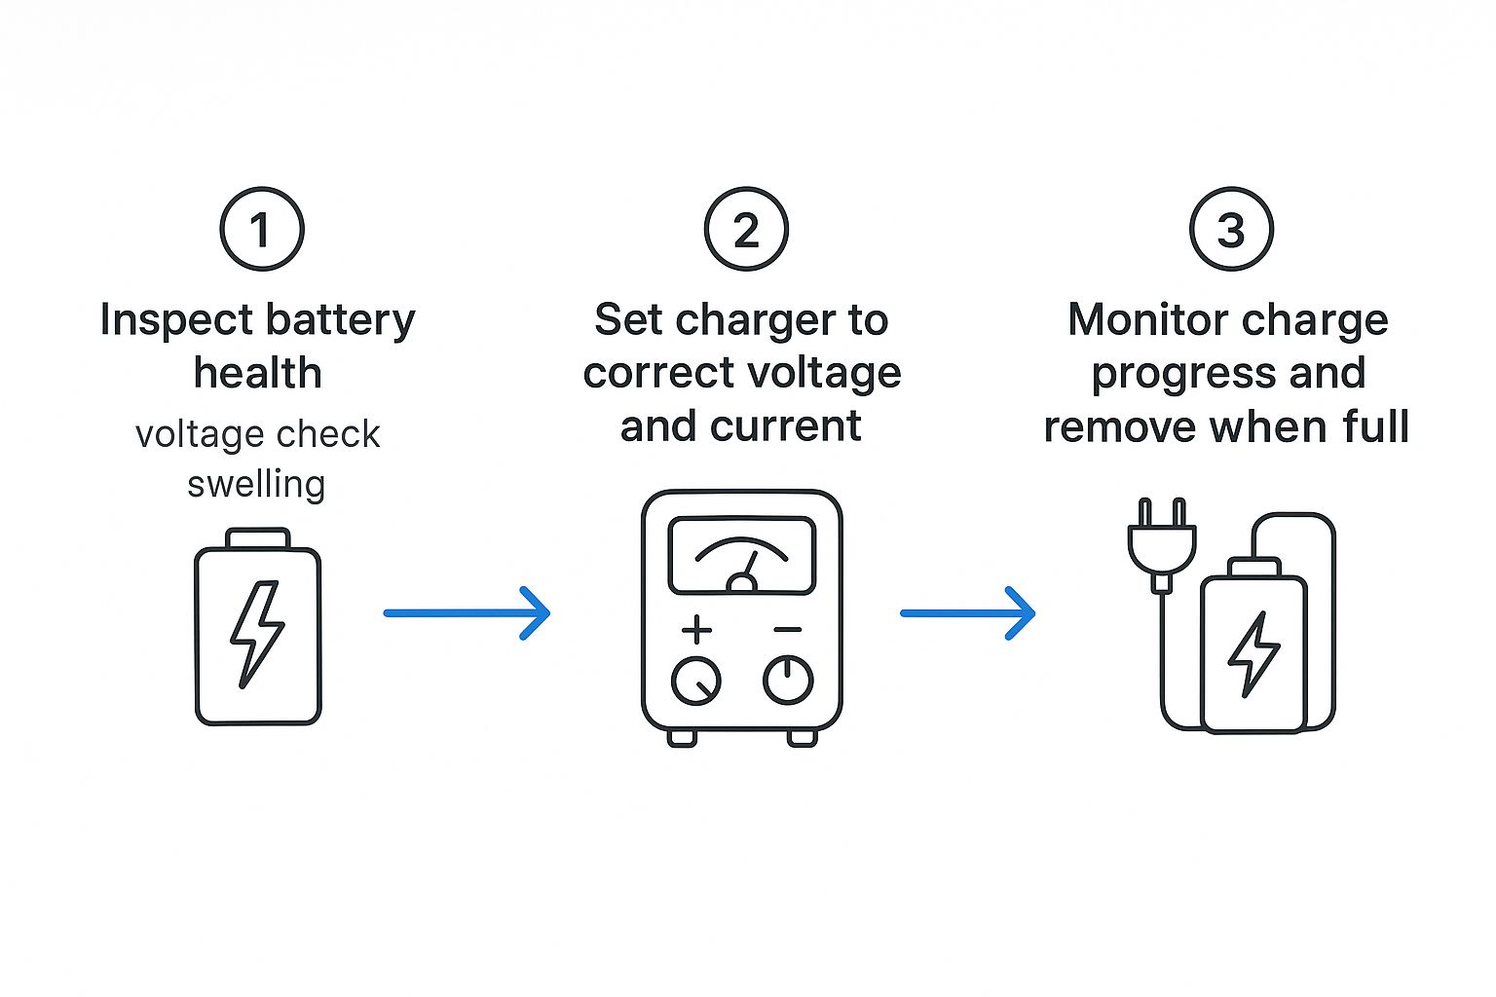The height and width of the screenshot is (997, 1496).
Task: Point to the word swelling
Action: (x=256, y=484)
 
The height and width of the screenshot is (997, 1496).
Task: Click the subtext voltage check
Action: (x=258, y=434)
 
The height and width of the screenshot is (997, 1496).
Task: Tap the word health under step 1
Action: (x=258, y=372)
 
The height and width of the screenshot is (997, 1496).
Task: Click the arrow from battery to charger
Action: (x=467, y=613)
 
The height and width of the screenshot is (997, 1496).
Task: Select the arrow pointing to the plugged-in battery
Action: (x=968, y=613)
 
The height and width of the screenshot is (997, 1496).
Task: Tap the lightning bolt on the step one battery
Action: (x=257, y=635)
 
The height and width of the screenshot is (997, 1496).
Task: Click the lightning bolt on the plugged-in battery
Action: (x=1253, y=654)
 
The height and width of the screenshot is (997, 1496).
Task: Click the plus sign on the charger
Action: (x=696, y=629)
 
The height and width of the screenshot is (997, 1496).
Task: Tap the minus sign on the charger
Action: (x=787, y=629)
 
